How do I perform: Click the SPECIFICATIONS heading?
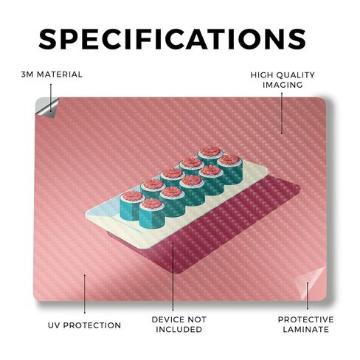(x=172, y=39)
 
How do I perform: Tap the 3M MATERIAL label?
(x=52, y=75)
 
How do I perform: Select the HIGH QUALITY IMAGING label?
(x=283, y=80)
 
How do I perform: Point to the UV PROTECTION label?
(x=84, y=325)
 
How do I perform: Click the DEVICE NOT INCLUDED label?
(x=179, y=325)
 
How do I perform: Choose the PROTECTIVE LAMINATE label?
(x=306, y=325)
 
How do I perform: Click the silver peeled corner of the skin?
(x=46, y=107)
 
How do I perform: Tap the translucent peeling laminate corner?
(x=311, y=283)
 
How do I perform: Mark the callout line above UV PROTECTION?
(x=85, y=294)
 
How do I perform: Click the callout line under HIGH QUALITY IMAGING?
(x=282, y=113)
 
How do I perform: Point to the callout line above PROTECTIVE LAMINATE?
(x=308, y=296)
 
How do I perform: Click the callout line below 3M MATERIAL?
(x=51, y=98)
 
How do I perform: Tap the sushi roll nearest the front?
(x=152, y=213)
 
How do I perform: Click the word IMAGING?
(x=283, y=85)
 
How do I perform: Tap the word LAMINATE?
(x=306, y=329)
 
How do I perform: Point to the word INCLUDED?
(x=179, y=329)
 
